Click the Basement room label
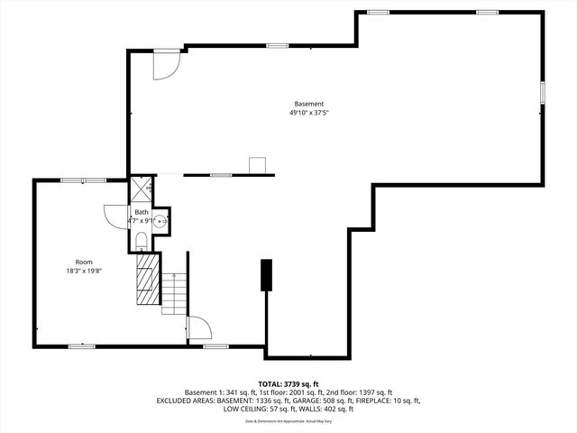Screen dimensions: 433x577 pos(308,104)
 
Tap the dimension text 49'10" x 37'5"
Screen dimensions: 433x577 pos(308,114)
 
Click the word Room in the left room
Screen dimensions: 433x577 pos(83,262)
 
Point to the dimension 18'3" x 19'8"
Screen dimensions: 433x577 pos(83,272)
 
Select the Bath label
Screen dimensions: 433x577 pos(142,212)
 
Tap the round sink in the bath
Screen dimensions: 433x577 pos(160,220)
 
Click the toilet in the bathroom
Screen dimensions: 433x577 pos(142,240)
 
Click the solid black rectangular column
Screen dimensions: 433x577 pos(266,275)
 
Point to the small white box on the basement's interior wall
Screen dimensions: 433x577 pos(258,165)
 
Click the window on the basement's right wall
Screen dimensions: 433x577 pos(543,94)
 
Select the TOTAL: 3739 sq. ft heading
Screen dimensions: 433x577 pos(288,383)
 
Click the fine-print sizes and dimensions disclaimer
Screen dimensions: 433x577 pos(288,420)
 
